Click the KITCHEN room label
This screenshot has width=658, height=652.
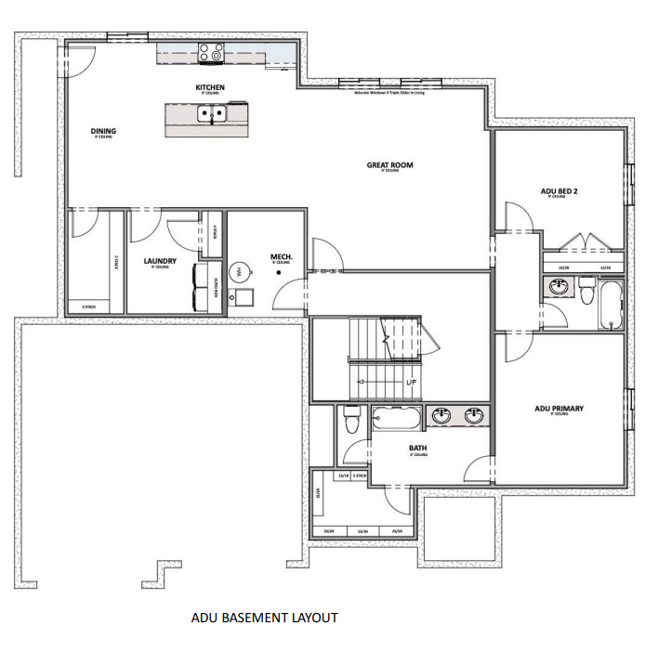209,88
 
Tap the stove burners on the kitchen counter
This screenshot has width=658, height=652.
211,55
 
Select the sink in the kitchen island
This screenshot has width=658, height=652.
211,115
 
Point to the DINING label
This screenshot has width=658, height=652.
103,131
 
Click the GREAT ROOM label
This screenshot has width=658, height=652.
389,165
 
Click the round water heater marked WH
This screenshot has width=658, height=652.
239,273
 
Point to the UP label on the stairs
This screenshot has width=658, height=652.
410,382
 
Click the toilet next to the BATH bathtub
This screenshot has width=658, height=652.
352,419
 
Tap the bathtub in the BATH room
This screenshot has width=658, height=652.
397,418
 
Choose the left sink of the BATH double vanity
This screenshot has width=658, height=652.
441,416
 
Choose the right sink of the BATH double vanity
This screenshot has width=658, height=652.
474,416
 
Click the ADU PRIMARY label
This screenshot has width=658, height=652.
559,408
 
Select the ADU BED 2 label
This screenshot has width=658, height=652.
560,192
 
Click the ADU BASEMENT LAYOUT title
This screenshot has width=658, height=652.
265,617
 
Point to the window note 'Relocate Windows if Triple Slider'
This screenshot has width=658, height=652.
389,93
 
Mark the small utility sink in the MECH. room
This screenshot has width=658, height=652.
243,298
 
